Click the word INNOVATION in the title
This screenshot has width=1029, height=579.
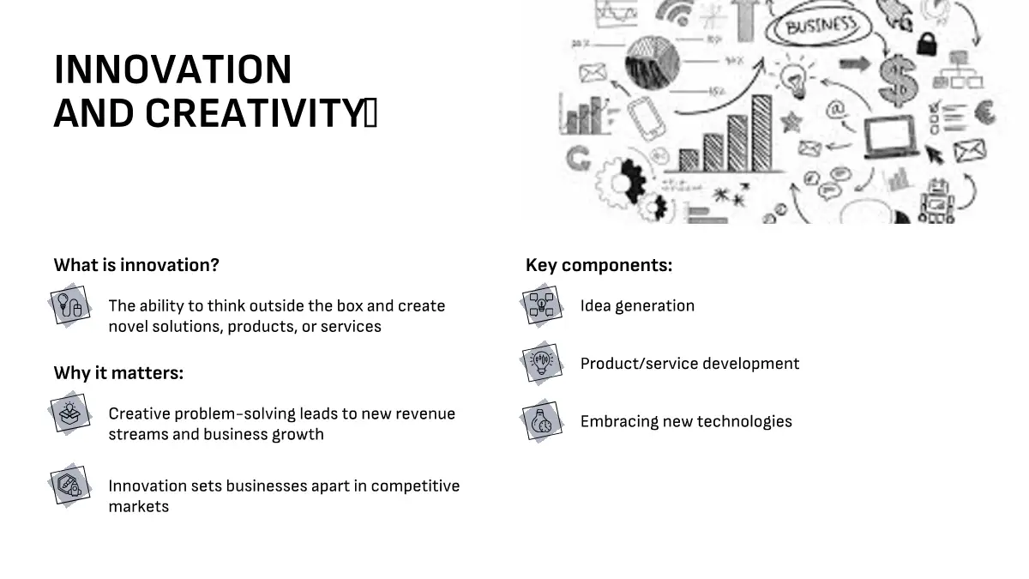[x=172, y=69]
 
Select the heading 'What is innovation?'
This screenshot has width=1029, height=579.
[x=136, y=265]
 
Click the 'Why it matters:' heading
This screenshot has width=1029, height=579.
[x=118, y=372]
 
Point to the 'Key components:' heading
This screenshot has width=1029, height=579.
[x=599, y=265]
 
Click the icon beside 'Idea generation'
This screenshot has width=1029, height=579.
[x=542, y=305]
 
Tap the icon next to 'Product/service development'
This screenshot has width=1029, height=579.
[x=542, y=363]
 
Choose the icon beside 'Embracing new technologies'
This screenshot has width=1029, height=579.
[x=542, y=421]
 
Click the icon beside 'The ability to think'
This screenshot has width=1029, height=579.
[x=70, y=305]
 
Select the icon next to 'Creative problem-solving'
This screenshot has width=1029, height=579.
[x=70, y=413]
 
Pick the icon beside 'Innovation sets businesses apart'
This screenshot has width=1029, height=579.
[x=70, y=486]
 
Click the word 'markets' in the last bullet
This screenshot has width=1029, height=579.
[x=139, y=506]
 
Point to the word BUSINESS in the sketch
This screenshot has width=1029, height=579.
[x=821, y=26]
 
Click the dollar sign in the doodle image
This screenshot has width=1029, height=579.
[x=898, y=80]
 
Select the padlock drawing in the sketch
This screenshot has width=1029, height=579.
[x=927, y=44]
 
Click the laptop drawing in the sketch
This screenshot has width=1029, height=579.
[x=891, y=137]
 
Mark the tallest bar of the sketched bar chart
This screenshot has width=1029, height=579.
[x=761, y=133]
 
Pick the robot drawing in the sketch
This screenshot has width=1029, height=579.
[x=937, y=202]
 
